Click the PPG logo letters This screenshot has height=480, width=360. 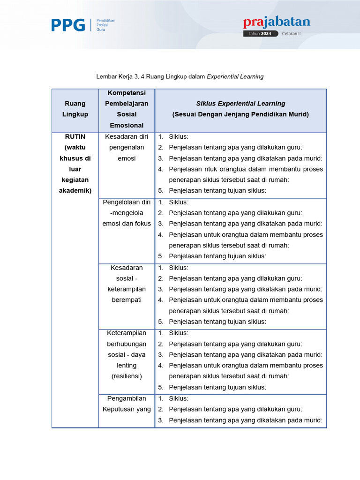coord(68,25)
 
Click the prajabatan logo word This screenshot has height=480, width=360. coord(276,22)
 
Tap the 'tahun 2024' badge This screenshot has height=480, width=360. coord(260,34)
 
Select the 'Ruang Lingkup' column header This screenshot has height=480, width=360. coord(75,109)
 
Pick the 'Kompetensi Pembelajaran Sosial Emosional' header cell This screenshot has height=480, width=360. coord(127,109)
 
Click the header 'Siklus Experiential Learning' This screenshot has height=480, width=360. coord(240,104)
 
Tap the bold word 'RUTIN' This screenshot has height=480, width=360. coord(75,136)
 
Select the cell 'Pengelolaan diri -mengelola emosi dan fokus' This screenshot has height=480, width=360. coord(127,213)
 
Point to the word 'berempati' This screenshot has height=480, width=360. coord(127,300)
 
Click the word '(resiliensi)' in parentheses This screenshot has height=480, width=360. coord(127,376)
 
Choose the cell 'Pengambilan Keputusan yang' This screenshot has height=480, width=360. coord(127,404)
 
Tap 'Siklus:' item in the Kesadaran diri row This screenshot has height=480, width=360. coord(179,137)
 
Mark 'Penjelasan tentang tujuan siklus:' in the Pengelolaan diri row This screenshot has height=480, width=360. coord(217,256)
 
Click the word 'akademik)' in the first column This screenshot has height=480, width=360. coord(75,191)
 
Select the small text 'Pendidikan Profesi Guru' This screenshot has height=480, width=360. coord(105,25)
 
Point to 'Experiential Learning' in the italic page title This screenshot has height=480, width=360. coord(235,76)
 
